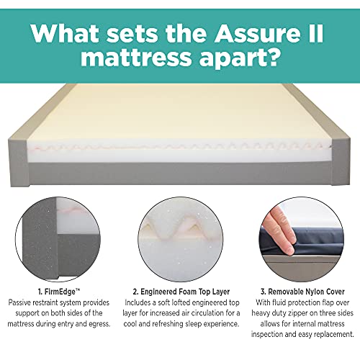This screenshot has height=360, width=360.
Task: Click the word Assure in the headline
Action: click(257, 34)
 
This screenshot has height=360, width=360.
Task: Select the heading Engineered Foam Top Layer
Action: click(181, 292)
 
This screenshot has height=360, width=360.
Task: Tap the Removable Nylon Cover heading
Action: click(302, 292)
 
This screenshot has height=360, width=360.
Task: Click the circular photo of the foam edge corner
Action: click(58, 239)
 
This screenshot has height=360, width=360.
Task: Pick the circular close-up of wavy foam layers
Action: click(180, 239)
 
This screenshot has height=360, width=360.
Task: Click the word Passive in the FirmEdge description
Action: click(19, 302)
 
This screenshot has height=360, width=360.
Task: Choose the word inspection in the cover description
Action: click(267, 334)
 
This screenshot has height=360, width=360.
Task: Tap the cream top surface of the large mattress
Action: click(180, 113)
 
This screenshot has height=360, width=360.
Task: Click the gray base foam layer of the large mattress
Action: click(180, 174)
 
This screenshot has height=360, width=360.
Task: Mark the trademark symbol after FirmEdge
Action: click(78, 290)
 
